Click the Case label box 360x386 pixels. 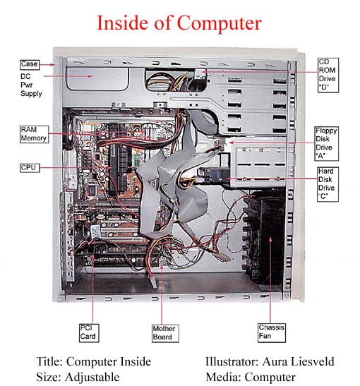(x=30, y=64)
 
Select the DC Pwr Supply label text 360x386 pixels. (x=31, y=85)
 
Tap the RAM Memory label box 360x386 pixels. (x=34, y=134)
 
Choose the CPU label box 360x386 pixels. (x=30, y=168)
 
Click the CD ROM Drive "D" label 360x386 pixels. (x=328, y=75)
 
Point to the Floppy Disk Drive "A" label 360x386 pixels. (x=327, y=143)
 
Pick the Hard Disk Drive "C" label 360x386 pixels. (x=328, y=184)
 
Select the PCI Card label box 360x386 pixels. (x=89, y=333)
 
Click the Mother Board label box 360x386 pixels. (x=165, y=333)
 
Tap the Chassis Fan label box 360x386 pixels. (x=272, y=332)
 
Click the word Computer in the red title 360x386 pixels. (x=219, y=23)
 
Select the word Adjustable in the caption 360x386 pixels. (x=92, y=378)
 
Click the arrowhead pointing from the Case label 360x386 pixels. (x=52, y=65)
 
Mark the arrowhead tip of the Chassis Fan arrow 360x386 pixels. (x=270, y=237)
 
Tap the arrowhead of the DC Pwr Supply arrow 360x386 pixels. (x=90, y=76)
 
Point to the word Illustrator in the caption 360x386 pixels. (x=232, y=361)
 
